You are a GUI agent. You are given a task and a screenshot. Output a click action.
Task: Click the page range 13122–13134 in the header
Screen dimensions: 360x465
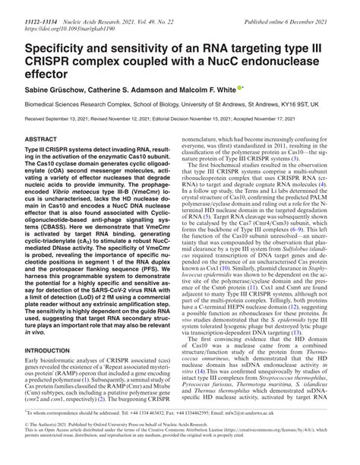click(30, 14)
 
